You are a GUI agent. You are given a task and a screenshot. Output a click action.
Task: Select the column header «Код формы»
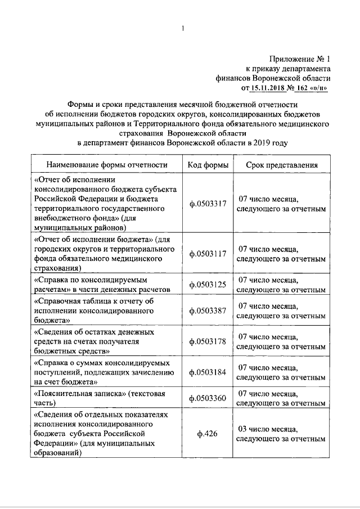[208, 165]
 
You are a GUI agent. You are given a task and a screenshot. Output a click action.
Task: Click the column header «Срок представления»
[281, 165]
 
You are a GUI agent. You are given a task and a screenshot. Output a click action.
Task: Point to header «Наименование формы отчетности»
[107, 165]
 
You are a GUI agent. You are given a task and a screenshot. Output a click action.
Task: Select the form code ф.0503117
[208, 253]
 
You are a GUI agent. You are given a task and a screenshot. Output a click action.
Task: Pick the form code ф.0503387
[208, 310]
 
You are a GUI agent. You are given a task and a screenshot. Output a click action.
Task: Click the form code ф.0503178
[208, 341]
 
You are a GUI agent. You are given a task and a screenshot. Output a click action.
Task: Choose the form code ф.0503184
[208, 372]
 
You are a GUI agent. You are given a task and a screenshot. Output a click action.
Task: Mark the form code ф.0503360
[208, 398]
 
